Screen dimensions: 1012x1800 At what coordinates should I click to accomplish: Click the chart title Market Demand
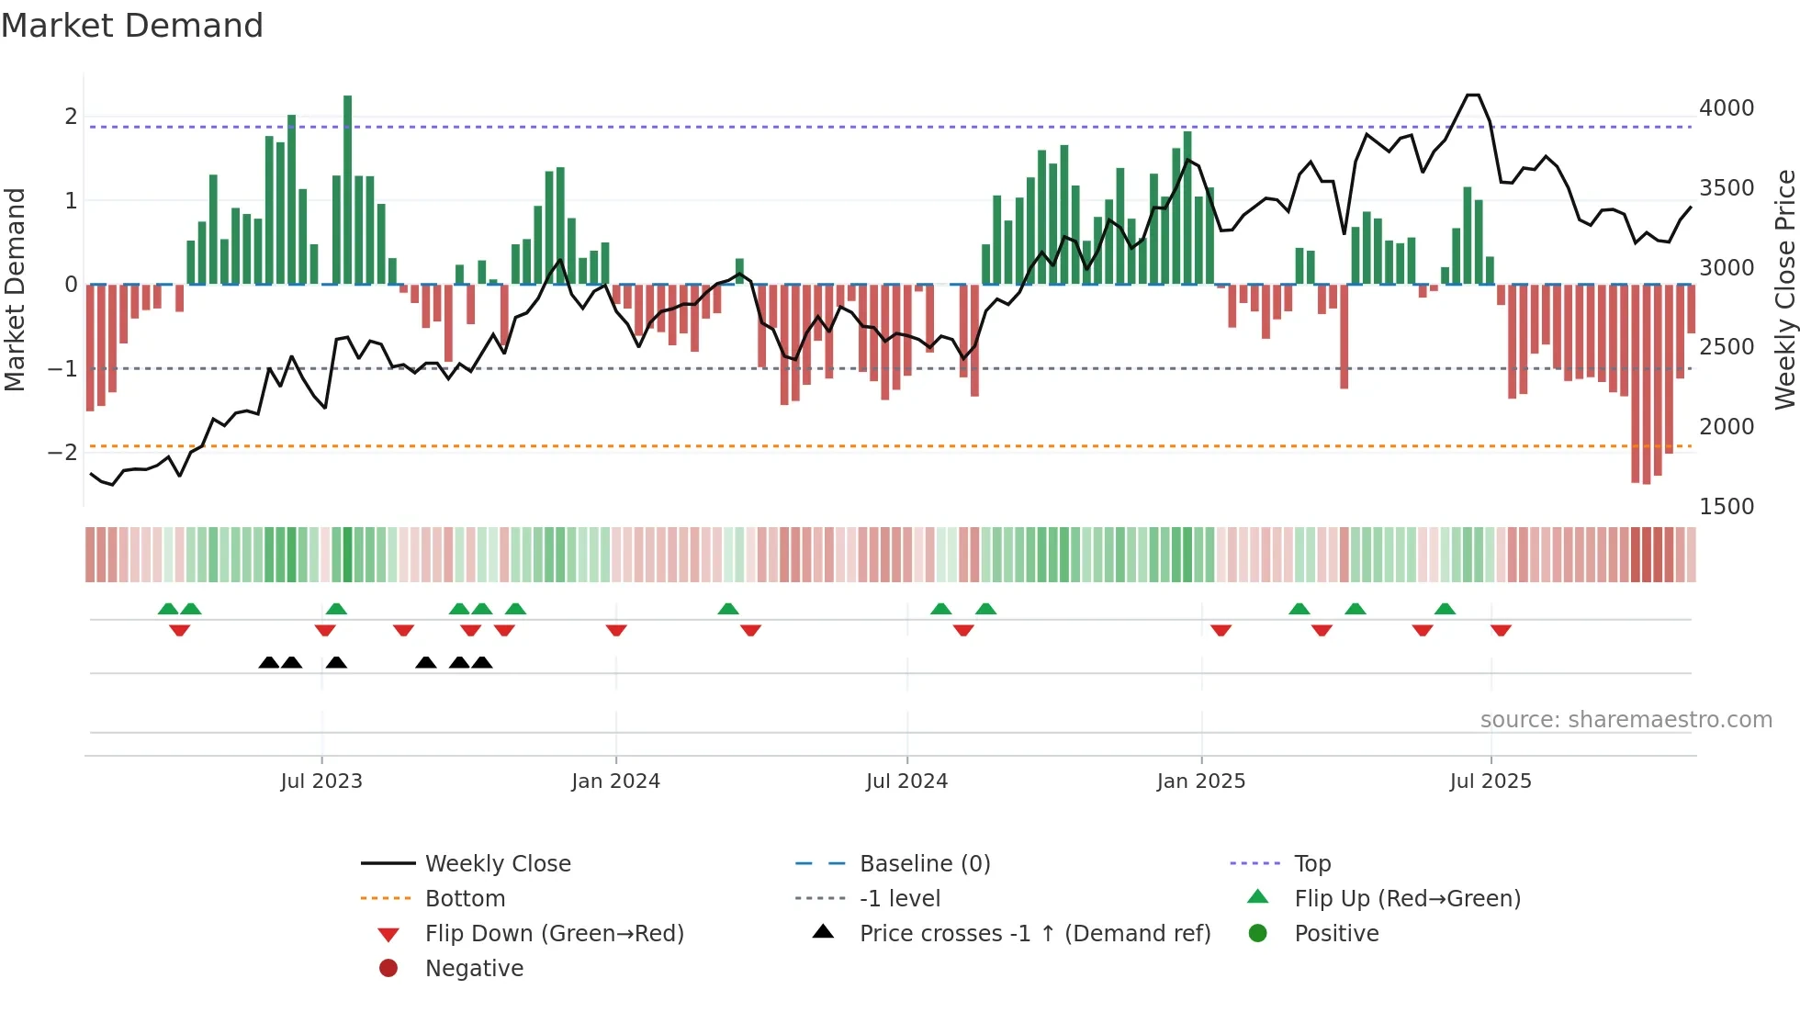click(x=132, y=26)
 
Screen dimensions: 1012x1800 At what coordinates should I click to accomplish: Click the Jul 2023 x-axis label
click(x=321, y=781)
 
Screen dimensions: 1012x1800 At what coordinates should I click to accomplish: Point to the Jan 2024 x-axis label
click(x=615, y=781)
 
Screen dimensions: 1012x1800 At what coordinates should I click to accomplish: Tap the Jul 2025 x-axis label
click(x=1491, y=781)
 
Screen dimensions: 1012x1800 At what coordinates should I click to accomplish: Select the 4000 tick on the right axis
click(x=1727, y=108)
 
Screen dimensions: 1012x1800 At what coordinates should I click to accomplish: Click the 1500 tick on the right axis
click(x=1727, y=507)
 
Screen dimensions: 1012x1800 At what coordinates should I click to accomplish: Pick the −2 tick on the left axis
click(x=63, y=453)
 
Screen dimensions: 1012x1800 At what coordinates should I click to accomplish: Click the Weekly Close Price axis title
click(x=1784, y=289)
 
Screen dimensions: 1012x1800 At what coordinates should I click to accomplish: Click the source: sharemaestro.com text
click(x=1626, y=720)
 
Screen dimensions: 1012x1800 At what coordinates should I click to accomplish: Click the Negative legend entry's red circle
click(x=388, y=969)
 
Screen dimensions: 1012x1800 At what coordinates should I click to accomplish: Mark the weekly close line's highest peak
click(x=1473, y=96)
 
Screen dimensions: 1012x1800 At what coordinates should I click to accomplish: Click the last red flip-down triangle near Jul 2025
click(x=1501, y=630)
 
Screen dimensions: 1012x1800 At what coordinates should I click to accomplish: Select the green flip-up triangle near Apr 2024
click(x=728, y=609)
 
